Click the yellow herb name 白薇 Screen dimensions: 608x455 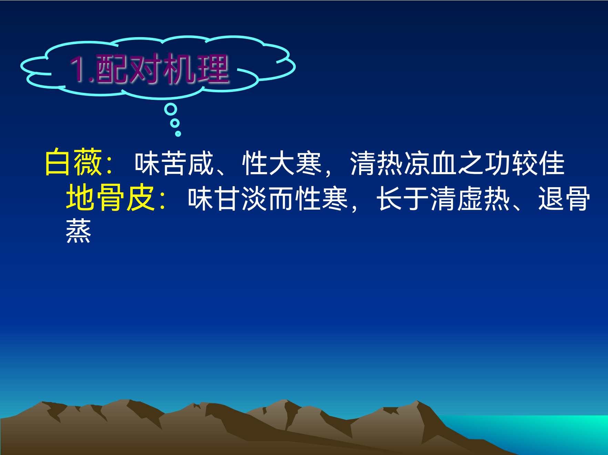(74, 162)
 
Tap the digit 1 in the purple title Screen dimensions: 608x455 (78, 69)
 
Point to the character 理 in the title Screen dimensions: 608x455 (213, 69)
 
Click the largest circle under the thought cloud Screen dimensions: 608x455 (171, 109)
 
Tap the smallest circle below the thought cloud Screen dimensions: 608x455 (178, 134)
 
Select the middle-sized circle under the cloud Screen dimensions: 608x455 (175, 123)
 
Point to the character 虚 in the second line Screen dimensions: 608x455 (470, 199)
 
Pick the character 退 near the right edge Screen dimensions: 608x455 (551, 199)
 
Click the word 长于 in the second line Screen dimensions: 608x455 (403, 199)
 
